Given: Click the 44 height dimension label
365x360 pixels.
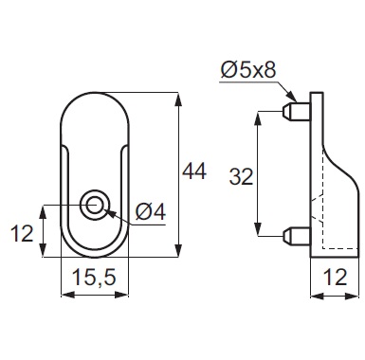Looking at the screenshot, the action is (x=194, y=171).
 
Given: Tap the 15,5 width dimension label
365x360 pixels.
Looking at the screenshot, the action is (x=94, y=278).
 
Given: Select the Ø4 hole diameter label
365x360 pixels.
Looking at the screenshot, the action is (x=151, y=211).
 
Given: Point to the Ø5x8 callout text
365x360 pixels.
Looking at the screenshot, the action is (x=248, y=70).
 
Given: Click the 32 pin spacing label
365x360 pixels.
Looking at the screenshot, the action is (x=241, y=176).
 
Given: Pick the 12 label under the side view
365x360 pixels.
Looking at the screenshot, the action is (x=335, y=278).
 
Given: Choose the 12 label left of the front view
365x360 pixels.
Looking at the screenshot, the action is (x=22, y=234).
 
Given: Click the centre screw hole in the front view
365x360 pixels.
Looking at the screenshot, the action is (x=95, y=206).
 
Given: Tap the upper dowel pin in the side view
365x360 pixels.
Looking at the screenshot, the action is (x=296, y=111).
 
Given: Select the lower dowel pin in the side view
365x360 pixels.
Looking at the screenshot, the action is (x=296, y=236).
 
